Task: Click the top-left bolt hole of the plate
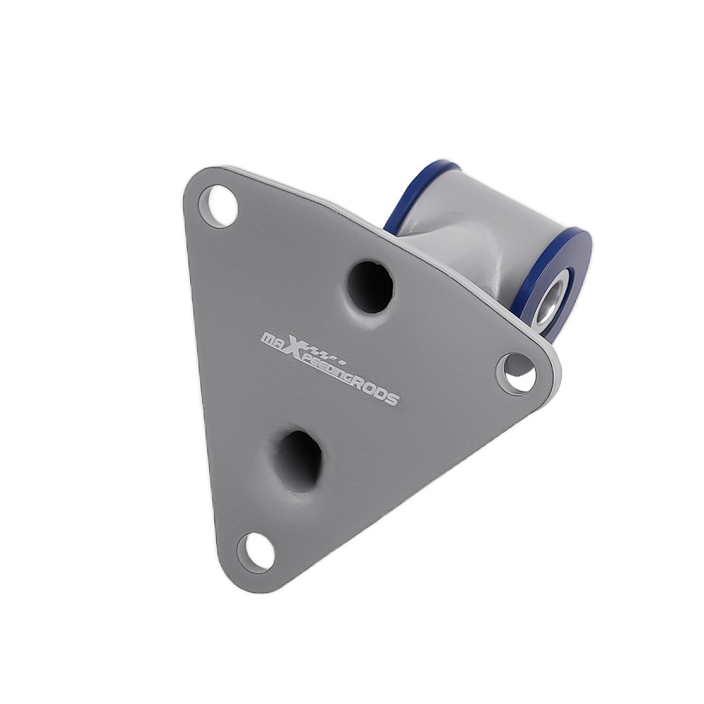[x=218, y=206]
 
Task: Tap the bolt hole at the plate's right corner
[x=516, y=374]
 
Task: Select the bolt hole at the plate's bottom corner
[x=256, y=552]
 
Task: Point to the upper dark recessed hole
[x=371, y=287]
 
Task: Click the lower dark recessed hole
[x=298, y=461]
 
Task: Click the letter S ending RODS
[x=391, y=398]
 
